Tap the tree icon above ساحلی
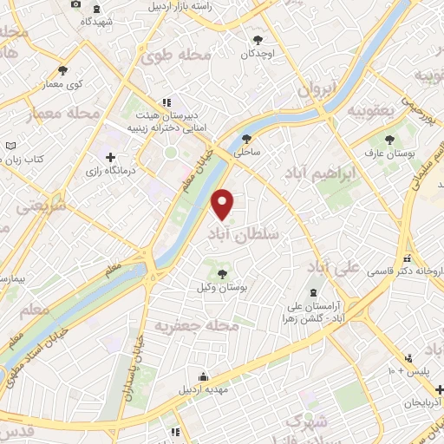pos(247,139)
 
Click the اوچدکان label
pos(258,53)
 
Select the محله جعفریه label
pos(197,324)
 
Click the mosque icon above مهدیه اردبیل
pos(203,375)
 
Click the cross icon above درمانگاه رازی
pos(110,157)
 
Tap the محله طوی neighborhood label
pos(176,56)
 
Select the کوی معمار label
pos(62,84)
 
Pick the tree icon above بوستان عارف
pos(386,139)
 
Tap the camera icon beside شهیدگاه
pos(75,4)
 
